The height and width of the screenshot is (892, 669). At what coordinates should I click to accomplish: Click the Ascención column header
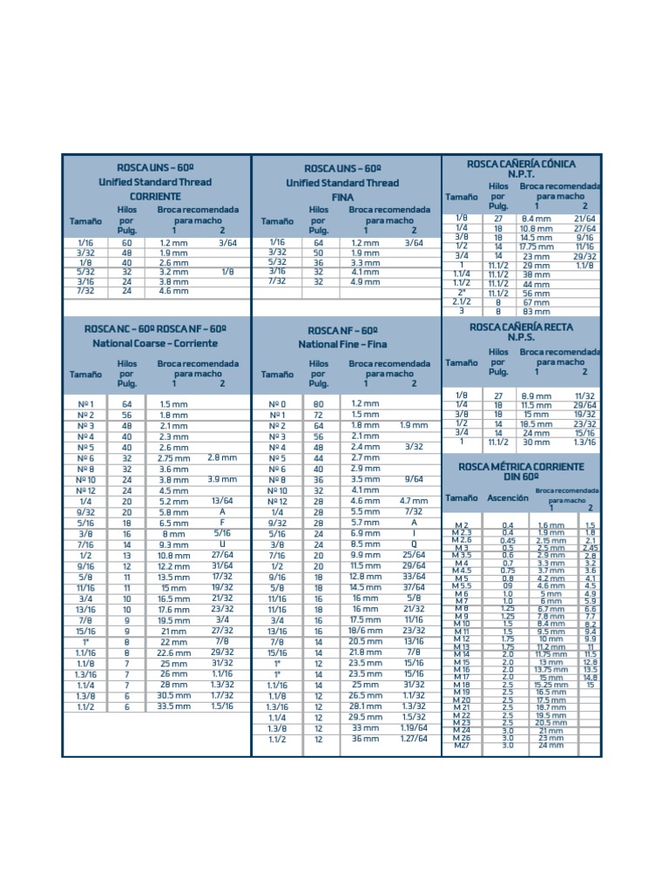pyautogui.click(x=507, y=498)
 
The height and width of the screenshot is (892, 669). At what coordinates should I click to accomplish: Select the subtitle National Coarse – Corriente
pyautogui.click(x=155, y=343)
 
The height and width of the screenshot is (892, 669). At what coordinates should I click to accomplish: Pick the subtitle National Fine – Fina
pyautogui.click(x=342, y=344)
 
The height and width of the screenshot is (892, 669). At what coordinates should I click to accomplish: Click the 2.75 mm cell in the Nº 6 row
pyautogui.click(x=174, y=458)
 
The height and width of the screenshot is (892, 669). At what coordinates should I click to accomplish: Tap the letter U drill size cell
pyautogui.click(x=222, y=544)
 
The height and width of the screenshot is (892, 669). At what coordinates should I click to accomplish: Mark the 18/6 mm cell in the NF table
pyautogui.click(x=365, y=631)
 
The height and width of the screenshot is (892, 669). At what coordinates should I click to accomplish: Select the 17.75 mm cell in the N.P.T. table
pyautogui.click(x=537, y=247)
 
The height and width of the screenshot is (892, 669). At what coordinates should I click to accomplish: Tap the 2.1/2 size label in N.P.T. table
pyautogui.click(x=461, y=302)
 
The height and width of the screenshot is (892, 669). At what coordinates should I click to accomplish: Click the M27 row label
pyautogui.click(x=462, y=745)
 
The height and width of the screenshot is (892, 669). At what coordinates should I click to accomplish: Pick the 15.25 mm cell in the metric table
pyautogui.click(x=550, y=686)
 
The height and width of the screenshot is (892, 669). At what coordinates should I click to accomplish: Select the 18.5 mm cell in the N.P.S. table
pyautogui.click(x=537, y=423)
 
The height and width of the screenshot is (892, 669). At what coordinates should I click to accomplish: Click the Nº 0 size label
pyautogui.click(x=277, y=404)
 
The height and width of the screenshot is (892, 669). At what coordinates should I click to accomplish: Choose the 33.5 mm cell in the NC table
pyautogui.click(x=174, y=706)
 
